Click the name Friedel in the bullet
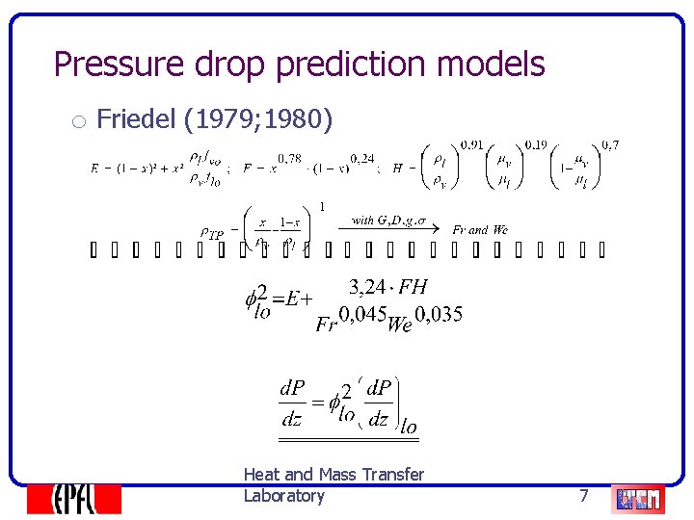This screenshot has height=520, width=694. [x=137, y=119]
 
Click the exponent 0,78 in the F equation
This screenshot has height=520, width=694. [x=288, y=158]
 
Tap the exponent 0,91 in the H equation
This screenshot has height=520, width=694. [x=473, y=145]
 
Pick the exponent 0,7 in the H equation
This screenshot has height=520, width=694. [x=610, y=145]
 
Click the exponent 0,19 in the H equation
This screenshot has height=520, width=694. [x=537, y=145]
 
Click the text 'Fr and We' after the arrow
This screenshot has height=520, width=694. [x=480, y=230]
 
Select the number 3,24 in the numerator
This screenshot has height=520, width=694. [x=367, y=286]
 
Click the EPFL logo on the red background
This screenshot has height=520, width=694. [x=73, y=498]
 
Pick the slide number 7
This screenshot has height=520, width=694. [x=583, y=496]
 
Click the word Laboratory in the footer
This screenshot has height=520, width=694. [x=283, y=496]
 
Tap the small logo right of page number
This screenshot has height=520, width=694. [x=638, y=498]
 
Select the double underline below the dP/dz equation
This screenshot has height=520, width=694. [x=349, y=439]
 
